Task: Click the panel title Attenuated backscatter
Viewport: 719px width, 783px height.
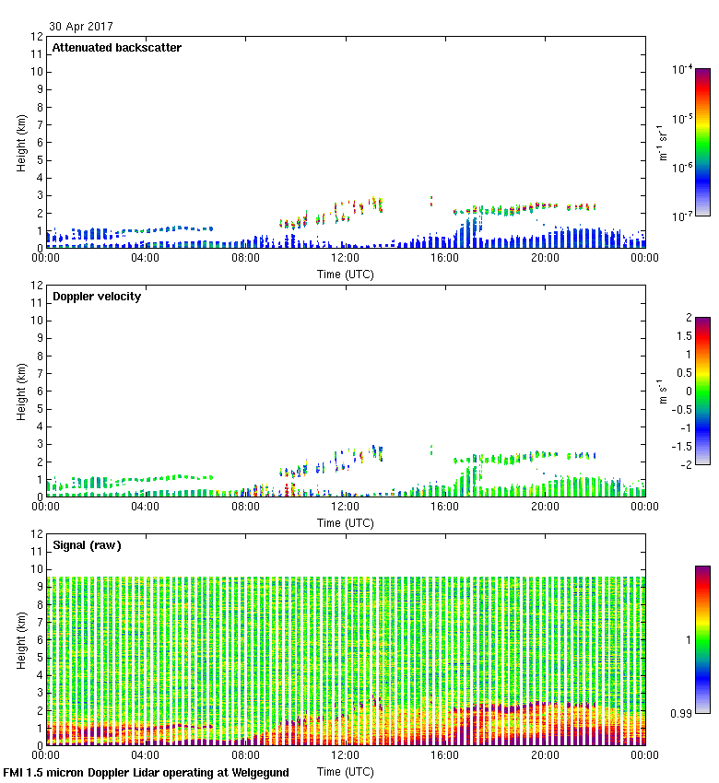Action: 116,48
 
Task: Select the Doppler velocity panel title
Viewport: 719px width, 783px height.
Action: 97,297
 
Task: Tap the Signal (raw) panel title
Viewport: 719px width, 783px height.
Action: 87,545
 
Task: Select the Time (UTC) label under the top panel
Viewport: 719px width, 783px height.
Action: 345,274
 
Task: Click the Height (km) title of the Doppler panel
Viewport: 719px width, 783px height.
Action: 21,391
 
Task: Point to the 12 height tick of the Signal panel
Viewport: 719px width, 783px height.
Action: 38,534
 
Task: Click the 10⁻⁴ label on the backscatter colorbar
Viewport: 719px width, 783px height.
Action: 682,69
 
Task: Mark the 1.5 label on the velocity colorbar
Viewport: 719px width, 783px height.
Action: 686,336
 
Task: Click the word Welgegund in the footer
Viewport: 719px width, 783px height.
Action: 259,772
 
